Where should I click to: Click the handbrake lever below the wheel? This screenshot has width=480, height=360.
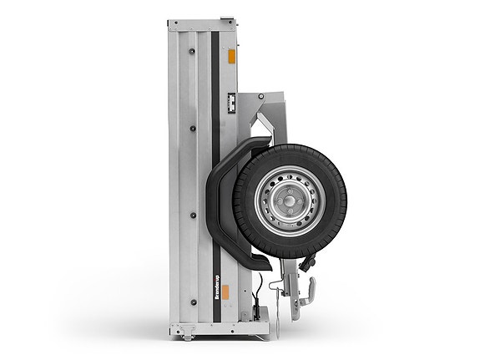point(308,293)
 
